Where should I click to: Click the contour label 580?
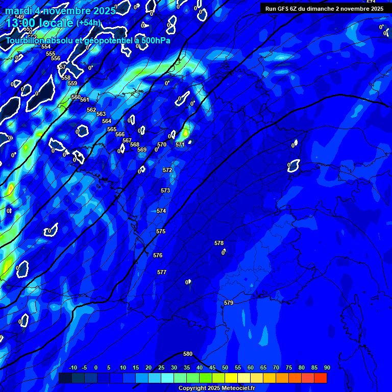coord(188,354)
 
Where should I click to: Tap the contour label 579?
coord(229,303)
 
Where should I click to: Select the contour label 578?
coord(219,243)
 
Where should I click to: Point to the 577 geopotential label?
coord(162,272)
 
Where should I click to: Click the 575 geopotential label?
coord(161,231)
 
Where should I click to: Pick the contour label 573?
coord(165,190)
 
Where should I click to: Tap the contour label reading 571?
coord(180,144)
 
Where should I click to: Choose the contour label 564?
coord(107,121)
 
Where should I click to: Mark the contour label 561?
coord(85,100)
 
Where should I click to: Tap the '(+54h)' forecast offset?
coord(88,23)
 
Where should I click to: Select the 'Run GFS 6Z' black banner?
coord(324,9)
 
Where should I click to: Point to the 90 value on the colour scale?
coord(327,367)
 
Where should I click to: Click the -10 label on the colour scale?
coord(72,367)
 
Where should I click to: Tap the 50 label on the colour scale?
coord(225,367)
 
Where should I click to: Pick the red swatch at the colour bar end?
coord(321,378)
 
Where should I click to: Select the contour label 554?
coord(46,46)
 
